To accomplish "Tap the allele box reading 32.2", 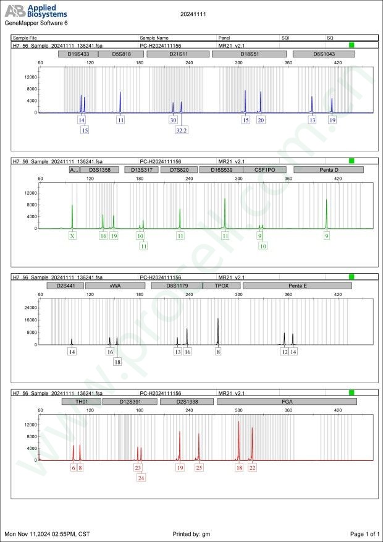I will [x=182, y=130].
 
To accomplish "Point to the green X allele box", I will [x=72, y=236].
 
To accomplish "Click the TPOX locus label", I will [x=221, y=286].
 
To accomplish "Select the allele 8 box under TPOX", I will [x=218, y=352].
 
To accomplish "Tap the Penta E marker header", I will [x=297, y=286].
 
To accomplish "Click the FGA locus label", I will [x=287, y=402].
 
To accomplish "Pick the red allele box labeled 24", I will [x=141, y=478].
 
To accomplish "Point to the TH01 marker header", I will [x=82, y=402].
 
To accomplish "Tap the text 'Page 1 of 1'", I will [x=364, y=533].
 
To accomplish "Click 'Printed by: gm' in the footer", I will [x=192, y=533].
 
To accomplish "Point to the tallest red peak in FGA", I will [x=238, y=422].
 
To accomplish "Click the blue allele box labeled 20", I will [x=261, y=120].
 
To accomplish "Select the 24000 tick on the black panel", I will [x=31, y=307].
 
